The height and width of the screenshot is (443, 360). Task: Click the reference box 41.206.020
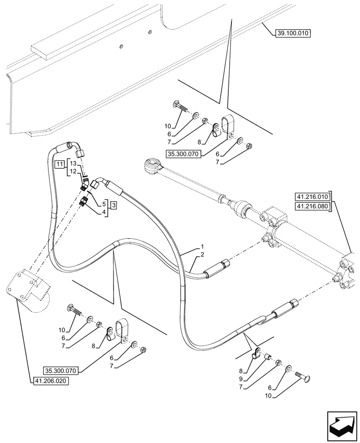(51, 381)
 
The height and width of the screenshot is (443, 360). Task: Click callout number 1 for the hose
(202, 246)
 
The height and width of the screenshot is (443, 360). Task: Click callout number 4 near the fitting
(104, 212)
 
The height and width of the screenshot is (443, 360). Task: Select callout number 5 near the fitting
(104, 204)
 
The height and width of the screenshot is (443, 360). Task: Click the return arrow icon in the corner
(341, 425)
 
